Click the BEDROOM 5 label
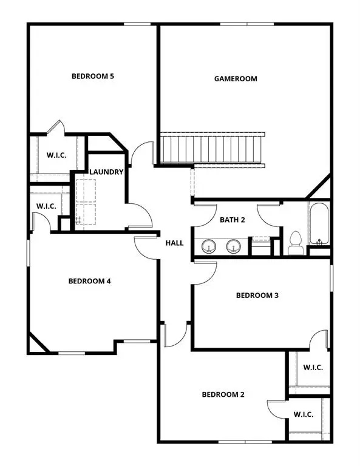pyautogui.click(x=93, y=76)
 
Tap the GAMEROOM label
pyautogui.click(x=236, y=79)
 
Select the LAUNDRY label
pyautogui.click(x=106, y=172)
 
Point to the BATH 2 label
pyautogui.click(x=232, y=220)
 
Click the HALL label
pyautogui.click(x=174, y=243)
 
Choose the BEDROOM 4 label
pyautogui.click(x=89, y=281)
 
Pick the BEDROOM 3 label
pyautogui.click(x=257, y=295)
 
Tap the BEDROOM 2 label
pyautogui.click(x=223, y=394)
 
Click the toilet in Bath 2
pyautogui.click(x=296, y=243)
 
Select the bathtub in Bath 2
pyautogui.click(x=319, y=225)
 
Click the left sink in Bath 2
pyautogui.click(x=209, y=246)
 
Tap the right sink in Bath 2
pyautogui.click(x=234, y=246)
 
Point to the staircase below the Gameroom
pyautogui.click(x=212, y=148)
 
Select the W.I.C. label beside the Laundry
pyautogui.click(x=46, y=207)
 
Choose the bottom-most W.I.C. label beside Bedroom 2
pyautogui.click(x=303, y=414)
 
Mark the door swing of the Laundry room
pyautogui.click(x=138, y=216)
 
